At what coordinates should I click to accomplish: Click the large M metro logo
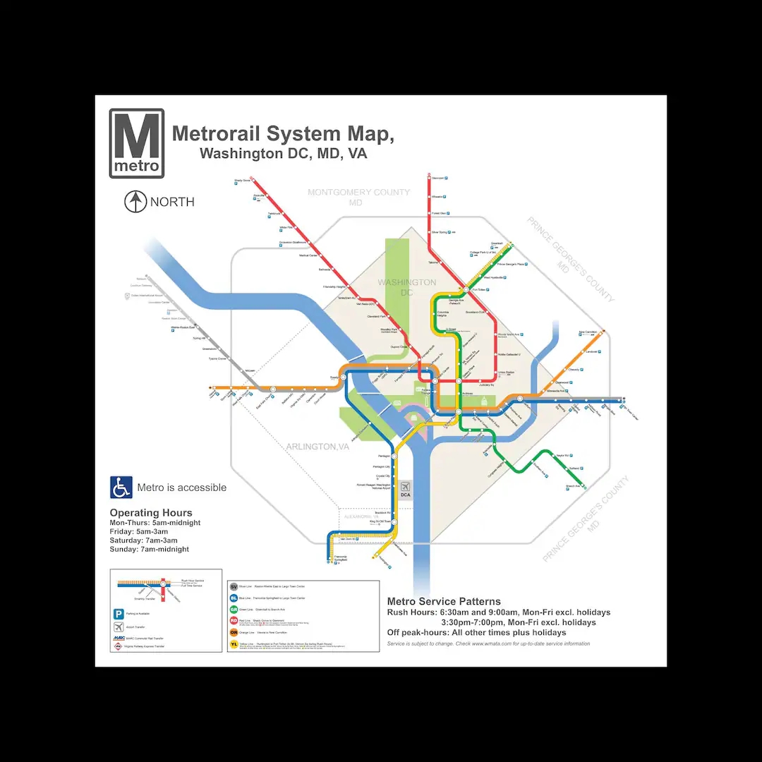pyautogui.click(x=137, y=143)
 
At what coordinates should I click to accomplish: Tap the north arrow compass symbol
pyautogui.click(x=135, y=202)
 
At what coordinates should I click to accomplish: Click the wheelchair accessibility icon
pyautogui.click(x=121, y=488)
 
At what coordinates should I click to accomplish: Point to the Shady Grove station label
pyautogui.click(x=242, y=181)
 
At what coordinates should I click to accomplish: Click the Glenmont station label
pyautogui.click(x=437, y=179)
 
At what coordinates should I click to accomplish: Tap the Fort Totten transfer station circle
pyautogui.click(x=466, y=289)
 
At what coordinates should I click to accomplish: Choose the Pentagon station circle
pyautogui.click(x=394, y=456)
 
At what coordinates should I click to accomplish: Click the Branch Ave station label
pyautogui.click(x=572, y=486)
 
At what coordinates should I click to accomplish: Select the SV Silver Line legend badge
pyautogui.click(x=234, y=586)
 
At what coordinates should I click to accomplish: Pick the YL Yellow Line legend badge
pyautogui.click(x=234, y=643)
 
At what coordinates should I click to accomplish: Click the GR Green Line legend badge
pyautogui.click(x=234, y=610)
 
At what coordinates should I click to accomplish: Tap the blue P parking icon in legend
pyautogui.click(x=119, y=614)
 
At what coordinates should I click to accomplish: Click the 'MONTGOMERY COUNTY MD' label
pyautogui.click(x=358, y=197)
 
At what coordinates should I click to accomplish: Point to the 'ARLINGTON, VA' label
pyautogui.click(x=317, y=447)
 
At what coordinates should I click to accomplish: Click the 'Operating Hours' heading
pyautogui.click(x=151, y=513)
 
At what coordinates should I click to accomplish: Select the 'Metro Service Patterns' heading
pyautogui.click(x=444, y=602)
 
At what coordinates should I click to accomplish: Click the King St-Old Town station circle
pyautogui.click(x=394, y=521)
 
